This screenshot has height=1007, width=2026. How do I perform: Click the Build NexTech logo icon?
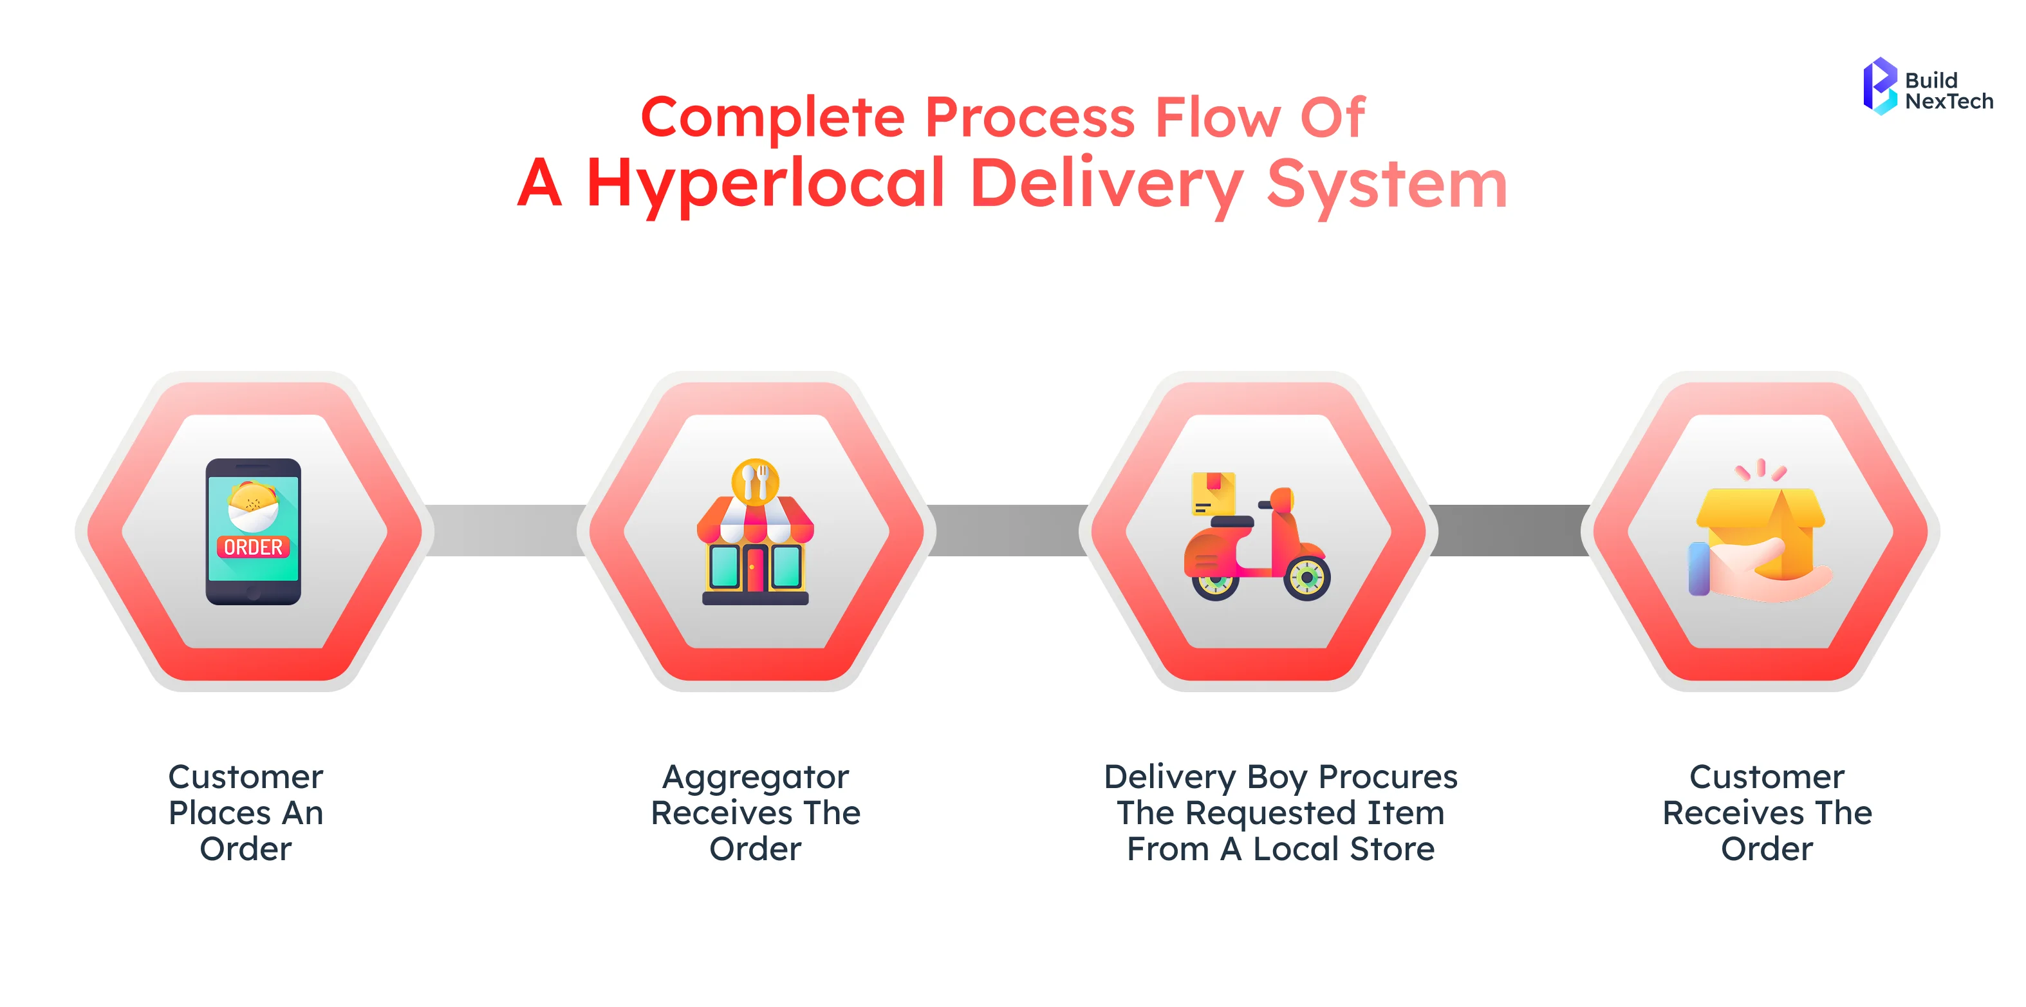[x=1880, y=86]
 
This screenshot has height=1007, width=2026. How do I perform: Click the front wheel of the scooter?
[x=1306, y=578]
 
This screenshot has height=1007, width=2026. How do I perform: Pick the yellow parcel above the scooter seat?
[x=1213, y=494]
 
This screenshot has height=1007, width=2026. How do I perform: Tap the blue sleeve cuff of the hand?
[x=1699, y=568]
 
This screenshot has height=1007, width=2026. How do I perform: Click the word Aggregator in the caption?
[x=755, y=778]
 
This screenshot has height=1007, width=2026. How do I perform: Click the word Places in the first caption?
[x=219, y=813]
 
